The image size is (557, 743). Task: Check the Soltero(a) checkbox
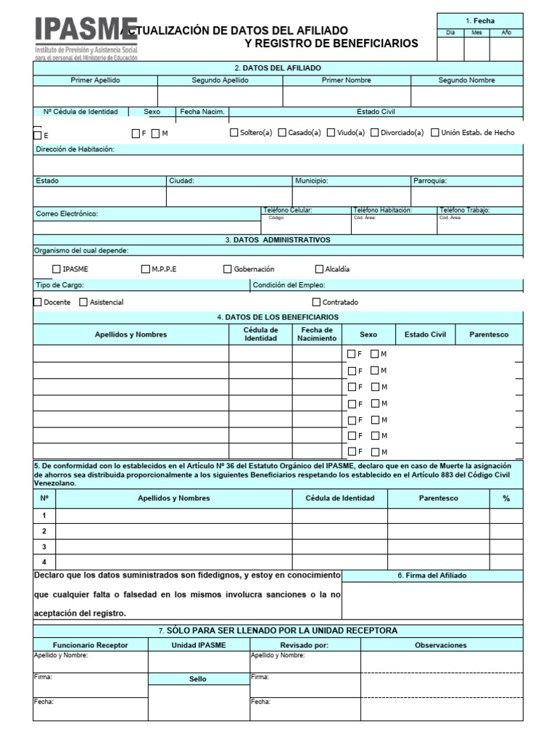[234, 133]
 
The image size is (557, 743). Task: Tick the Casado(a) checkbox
[281, 133]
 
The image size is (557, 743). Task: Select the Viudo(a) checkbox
[331, 133]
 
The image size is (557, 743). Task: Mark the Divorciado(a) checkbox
[374, 133]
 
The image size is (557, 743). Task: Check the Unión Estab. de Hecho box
[435, 133]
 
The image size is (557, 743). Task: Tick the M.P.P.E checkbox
[146, 269]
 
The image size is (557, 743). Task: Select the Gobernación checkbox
[228, 269]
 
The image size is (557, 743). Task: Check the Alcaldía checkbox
[319, 269]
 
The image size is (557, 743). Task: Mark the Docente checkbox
[38, 302]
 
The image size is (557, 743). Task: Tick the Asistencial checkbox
[83, 302]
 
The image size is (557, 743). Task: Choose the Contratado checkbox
[316, 302]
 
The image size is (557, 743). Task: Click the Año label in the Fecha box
[506, 33]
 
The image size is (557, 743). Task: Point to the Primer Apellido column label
[95, 81]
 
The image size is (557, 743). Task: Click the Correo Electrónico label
[67, 214]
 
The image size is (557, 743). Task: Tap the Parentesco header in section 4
[489, 334]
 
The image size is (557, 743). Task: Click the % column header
[506, 498]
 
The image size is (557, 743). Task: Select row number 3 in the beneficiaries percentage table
[44, 546]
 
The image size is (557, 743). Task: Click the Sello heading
[197, 679]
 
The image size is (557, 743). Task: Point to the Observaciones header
[441, 645]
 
